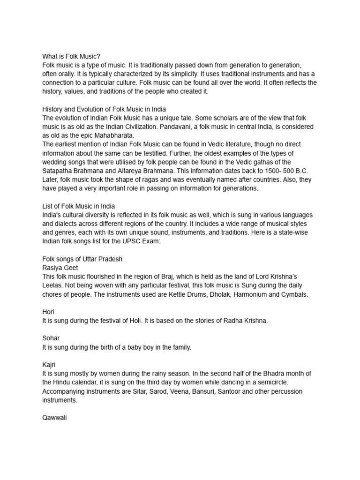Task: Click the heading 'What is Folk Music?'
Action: tap(71, 56)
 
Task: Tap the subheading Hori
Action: tap(48, 312)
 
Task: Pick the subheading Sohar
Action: tap(51, 338)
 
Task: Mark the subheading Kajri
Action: tap(49, 365)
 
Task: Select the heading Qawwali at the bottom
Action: tap(55, 418)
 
